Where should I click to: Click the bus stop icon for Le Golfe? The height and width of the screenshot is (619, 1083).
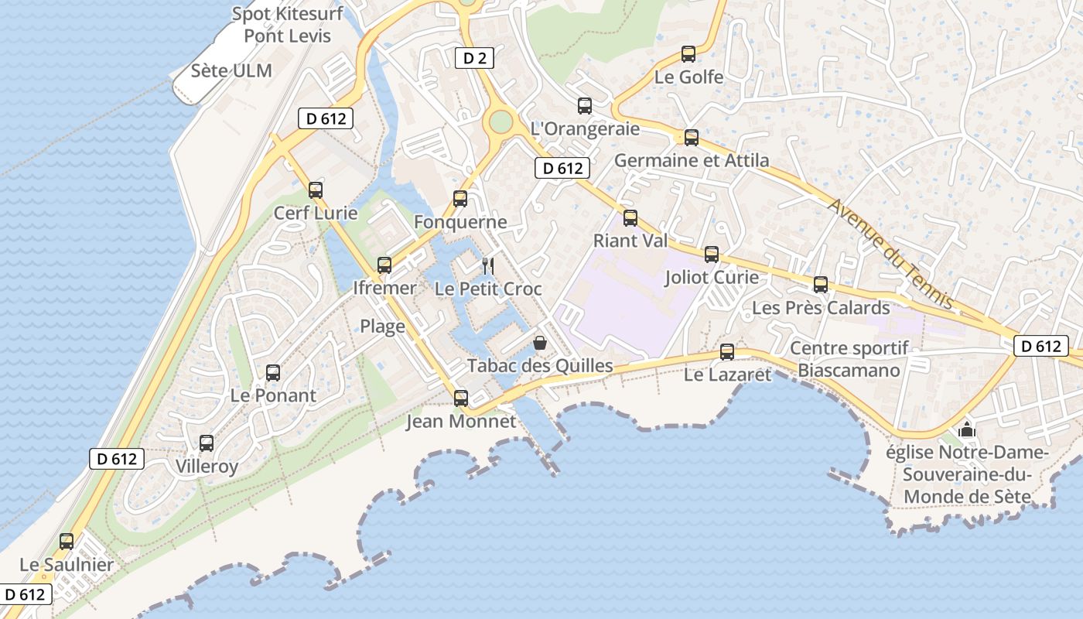pyautogui.click(x=688, y=54)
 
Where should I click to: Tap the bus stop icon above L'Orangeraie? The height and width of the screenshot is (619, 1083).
pyautogui.click(x=585, y=106)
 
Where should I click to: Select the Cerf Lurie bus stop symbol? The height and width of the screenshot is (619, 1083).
pyautogui.click(x=316, y=190)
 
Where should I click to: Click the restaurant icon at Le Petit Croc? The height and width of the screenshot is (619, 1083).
pyautogui.click(x=488, y=266)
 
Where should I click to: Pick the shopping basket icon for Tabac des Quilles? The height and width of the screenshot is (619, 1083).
pyautogui.click(x=540, y=342)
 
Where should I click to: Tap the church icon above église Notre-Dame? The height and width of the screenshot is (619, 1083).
pyautogui.click(x=966, y=429)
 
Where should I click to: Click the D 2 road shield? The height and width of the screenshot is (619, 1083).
pyautogui.click(x=473, y=57)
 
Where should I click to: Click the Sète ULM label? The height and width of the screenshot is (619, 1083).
pyautogui.click(x=231, y=71)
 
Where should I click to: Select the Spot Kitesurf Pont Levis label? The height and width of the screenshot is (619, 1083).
pyautogui.click(x=287, y=25)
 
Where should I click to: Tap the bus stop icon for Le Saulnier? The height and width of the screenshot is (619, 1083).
pyautogui.click(x=67, y=542)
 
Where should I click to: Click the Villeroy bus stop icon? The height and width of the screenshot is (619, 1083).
pyautogui.click(x=207, y=443)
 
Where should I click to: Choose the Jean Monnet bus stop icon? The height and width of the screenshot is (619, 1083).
pyautogui.click(x=461, y=398)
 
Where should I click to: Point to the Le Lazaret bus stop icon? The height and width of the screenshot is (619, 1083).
pyautogui.click(x=727, y=352)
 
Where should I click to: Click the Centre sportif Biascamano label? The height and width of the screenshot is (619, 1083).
pyautogui.click(x=849, y=360)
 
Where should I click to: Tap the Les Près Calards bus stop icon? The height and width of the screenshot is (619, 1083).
pyautogui.click(x=821, y=285)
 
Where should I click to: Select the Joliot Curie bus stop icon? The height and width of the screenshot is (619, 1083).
pyautogui.click(x=712, y=255)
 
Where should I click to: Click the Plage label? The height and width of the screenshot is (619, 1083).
pyautogui.click(x=382, y=327)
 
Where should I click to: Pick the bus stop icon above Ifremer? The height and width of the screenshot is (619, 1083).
pyautogui.click(x=384, y=265)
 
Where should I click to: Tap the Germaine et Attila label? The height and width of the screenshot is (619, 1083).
pyautogui.click(x=692, y=161)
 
